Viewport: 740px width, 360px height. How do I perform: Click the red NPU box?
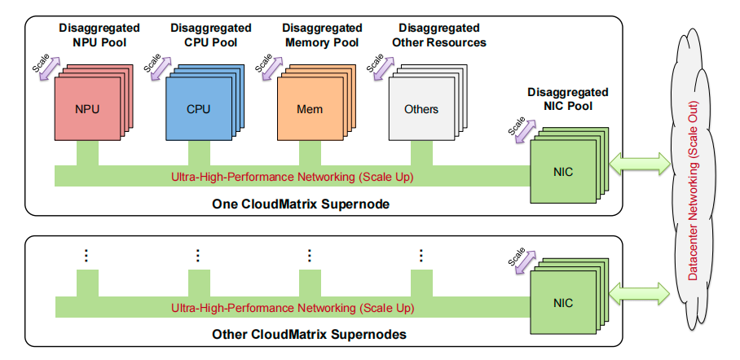[86, 108]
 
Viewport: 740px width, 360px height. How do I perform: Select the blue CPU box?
[198, 108]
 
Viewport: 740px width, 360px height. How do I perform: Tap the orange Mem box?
[309, 108]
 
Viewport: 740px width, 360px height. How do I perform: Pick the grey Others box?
[421, 108]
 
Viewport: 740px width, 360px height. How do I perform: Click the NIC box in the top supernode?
[562, 172]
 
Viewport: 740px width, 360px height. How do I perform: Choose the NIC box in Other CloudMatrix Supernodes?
[562, 303]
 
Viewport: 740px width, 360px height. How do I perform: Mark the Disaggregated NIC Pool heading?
[567, 99]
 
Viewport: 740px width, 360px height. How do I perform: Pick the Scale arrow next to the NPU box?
[48, 67]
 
